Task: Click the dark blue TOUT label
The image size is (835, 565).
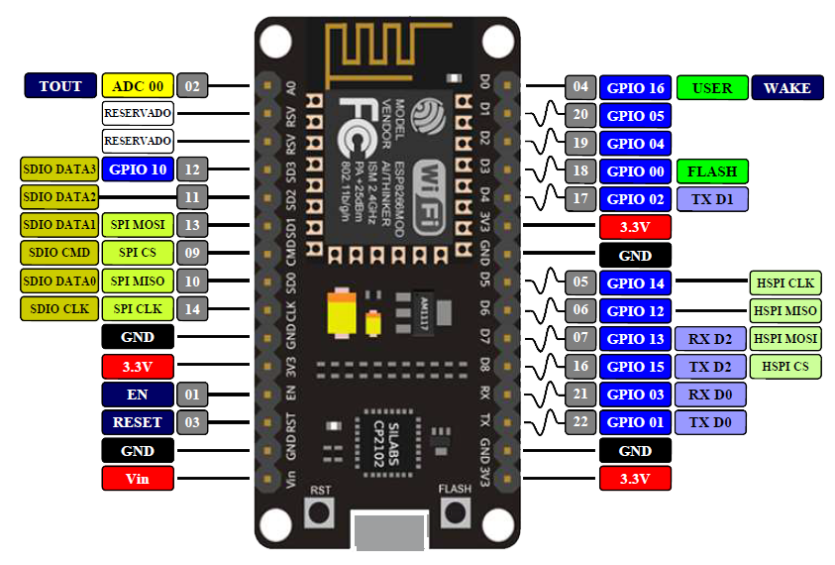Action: pos(60,86)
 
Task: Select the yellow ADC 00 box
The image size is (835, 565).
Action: pos(138,86)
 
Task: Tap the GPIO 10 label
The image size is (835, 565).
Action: pos(138,169)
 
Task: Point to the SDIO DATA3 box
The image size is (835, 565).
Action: pos(58,169)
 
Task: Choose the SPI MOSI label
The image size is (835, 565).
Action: pos(138,225)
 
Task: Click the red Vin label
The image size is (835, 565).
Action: pos(138,479)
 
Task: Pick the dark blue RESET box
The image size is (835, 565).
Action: pos(138,422)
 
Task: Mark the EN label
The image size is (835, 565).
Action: pos(138,395)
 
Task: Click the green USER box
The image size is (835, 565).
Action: pos(712,88)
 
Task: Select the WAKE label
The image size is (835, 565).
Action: pos(787,88)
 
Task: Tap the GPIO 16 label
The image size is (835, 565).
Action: pos(635,88)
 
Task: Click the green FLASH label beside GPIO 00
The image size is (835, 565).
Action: pos(712,171)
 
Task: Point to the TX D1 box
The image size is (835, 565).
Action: pos(712,199)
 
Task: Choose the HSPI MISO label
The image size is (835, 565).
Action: pos(785,311)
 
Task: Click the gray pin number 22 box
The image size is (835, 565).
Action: pos(580,423)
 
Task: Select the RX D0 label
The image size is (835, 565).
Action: pos(710,395)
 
